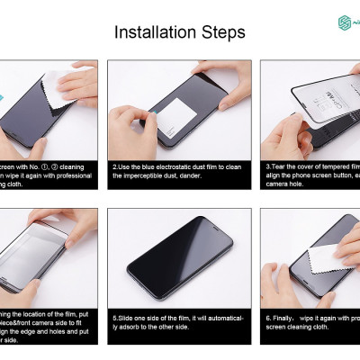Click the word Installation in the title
pyautogui.click(x=156, y=33)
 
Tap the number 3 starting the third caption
pyautogui.click(x=267, y=166)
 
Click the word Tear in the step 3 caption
pyautogui.click(x=277, y=166)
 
